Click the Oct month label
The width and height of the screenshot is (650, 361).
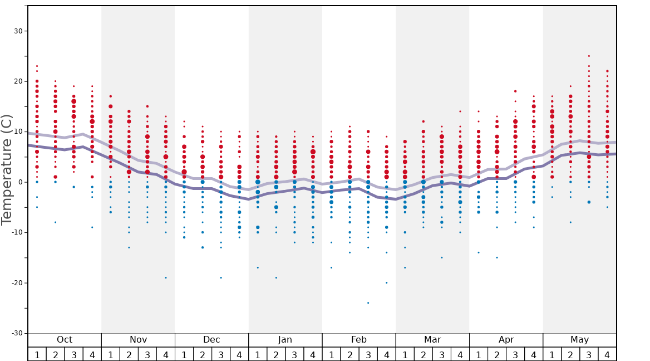point(65,340)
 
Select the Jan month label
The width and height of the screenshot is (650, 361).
point(285,340)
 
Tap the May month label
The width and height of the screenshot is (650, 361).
point(579,340)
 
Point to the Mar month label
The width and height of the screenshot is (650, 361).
point(432,340)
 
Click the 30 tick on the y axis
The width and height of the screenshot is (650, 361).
point(18,31)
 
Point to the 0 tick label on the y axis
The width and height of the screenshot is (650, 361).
point(21,182)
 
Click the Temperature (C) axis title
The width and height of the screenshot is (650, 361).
point(7,169)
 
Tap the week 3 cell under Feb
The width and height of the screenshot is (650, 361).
point(368,354)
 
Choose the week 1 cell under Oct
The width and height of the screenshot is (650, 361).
point(37,354)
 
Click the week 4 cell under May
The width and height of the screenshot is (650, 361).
point(607,354)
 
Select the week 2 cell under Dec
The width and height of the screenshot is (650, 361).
point(203,354)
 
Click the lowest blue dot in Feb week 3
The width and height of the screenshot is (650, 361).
point(368,303)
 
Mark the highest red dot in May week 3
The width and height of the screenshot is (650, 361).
point(589,56)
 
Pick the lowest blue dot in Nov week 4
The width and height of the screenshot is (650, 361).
point(165,277)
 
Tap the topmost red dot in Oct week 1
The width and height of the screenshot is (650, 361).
point(37,66)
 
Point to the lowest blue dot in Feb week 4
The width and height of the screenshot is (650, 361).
point(386,282)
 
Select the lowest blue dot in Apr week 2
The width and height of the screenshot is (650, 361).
point(497,257)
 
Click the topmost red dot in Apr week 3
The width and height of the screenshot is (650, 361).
point(515,91)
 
